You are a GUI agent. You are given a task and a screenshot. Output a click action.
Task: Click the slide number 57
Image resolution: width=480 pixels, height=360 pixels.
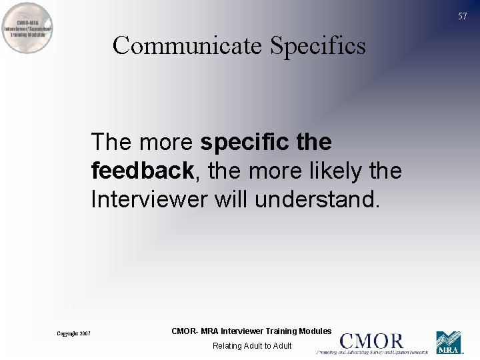(463, 16)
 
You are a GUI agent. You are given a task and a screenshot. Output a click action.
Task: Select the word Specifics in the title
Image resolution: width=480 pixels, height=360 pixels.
(318, 45)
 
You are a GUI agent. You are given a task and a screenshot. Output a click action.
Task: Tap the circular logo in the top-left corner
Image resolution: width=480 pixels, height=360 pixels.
(28, 28)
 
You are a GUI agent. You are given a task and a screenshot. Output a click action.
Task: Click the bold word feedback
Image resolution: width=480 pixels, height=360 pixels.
(142, 171)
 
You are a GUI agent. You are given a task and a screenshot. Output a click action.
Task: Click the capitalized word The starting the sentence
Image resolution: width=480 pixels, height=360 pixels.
(112, 142)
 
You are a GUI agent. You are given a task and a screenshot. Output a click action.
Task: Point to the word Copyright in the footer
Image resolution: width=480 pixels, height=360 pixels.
(67, 333)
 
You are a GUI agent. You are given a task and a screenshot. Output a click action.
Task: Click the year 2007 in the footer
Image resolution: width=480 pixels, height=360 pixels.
(85, 333)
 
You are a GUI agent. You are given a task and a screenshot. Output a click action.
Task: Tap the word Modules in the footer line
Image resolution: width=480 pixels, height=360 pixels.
(315, 331)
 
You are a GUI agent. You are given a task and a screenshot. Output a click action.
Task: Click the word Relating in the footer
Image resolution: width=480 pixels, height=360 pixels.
(227, 345)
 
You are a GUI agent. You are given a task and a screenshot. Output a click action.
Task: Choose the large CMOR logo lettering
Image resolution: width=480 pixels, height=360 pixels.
(372, 341)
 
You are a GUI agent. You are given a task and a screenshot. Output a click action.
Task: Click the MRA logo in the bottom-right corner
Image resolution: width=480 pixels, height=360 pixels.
(449, 342)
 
